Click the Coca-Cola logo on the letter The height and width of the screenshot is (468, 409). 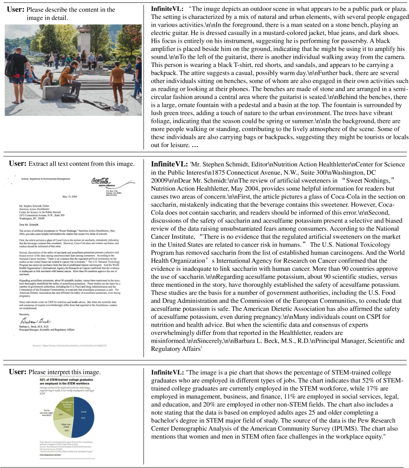coord(100,181)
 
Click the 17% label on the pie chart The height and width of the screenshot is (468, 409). coord(69,409)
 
